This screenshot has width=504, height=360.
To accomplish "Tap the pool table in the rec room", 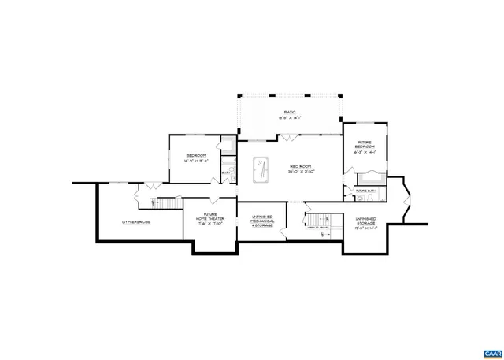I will tap(261, 170).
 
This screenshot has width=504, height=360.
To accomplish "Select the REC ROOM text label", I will tap(301, 166).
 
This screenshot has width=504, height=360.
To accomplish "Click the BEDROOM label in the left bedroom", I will tap(196, 155).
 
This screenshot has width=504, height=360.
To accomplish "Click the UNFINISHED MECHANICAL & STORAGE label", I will tap(262, 221).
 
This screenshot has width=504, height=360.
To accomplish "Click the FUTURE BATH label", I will tap(366, 191).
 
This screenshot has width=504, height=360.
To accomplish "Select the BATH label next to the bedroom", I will tap(225, 173).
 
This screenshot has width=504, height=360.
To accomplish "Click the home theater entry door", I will tap(214, 195).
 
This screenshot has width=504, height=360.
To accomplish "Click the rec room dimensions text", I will tap(301, 172).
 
